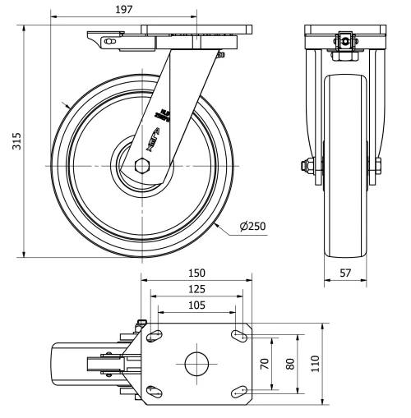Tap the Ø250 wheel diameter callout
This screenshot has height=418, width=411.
pyautogui.click(x=252, y=227)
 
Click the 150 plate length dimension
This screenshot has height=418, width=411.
pyautogui.click(x=196, y=273)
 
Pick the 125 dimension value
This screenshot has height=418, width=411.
pyautogui.click(x=196, y=289)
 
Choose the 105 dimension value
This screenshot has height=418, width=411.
pyautogui.click(x=196, y=305)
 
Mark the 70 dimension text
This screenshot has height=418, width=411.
pyautogui.click(x=266, y=363)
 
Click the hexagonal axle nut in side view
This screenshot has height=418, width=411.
pyautogui.click(x=142, y=166)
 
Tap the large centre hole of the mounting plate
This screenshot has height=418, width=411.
pyautogui.click(x=196, y=363)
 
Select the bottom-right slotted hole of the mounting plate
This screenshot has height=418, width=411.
pyautogui.click(x=238, y=392)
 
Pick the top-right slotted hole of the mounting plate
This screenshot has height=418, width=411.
pyautogui.click(x=238, y=335)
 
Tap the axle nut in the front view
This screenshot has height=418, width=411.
pyautogui.click(x=306, y=167)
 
